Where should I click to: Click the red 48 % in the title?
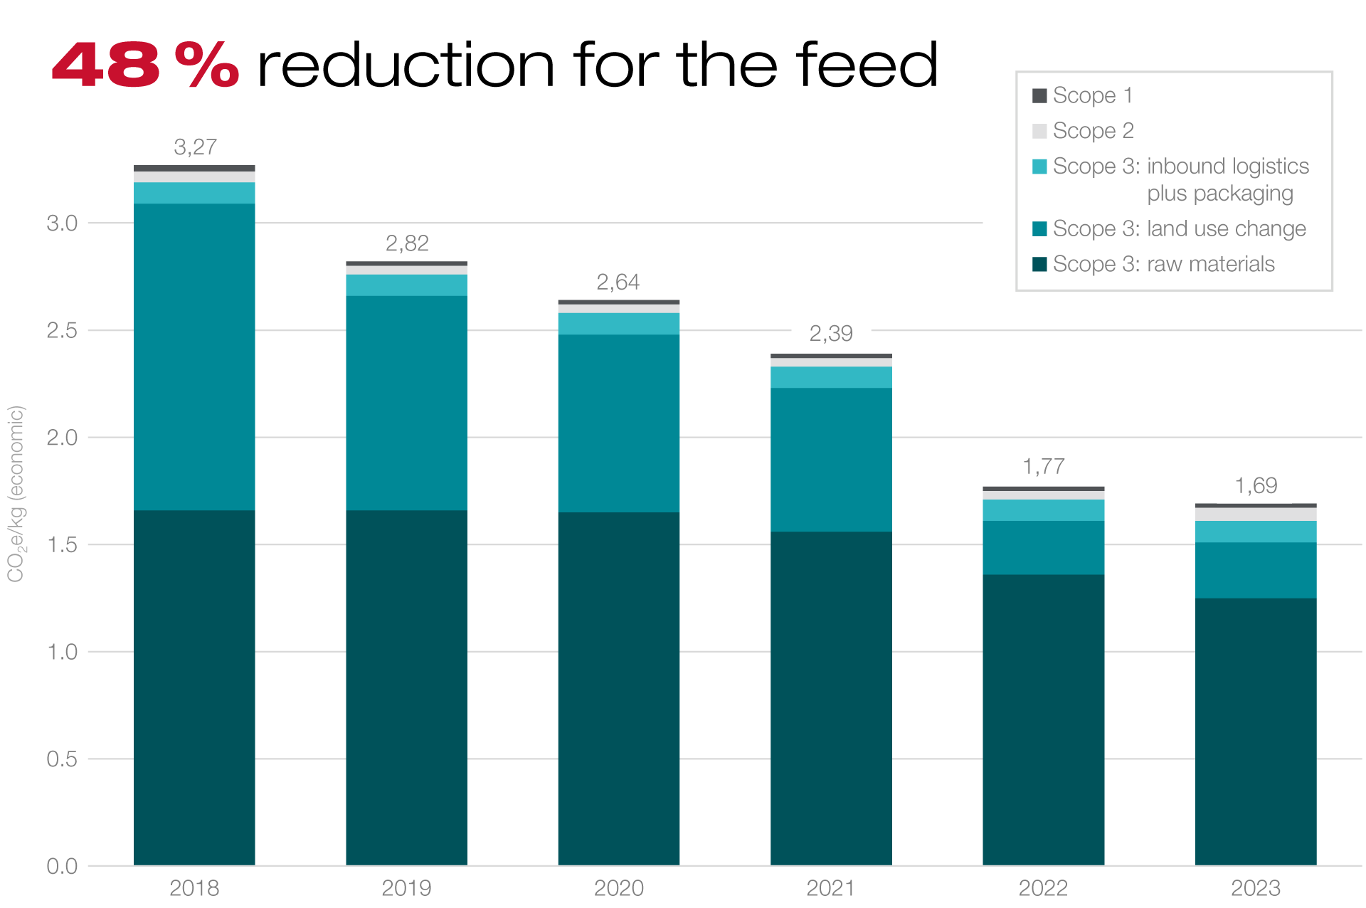tap(145, 65)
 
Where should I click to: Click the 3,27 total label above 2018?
tap(195, 147)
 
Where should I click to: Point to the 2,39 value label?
tap(831, 333)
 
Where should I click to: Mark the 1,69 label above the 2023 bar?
tap(1256, 486)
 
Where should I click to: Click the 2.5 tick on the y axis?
tap(62, 330)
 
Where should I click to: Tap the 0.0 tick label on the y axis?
tap(62, 866)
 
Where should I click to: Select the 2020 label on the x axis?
tap(618, 888)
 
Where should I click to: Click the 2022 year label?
tap(1043, 888)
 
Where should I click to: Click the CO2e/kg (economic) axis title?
tap(16, 493)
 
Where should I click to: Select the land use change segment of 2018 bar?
tap(194, 356)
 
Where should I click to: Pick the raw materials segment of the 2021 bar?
tap(831, 697)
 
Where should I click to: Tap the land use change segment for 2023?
tap(1256, 570)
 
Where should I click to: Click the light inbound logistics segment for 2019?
tap(406, 285)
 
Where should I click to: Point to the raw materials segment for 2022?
tap(1043, 719)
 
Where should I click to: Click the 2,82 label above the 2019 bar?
tap(407, 243)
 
